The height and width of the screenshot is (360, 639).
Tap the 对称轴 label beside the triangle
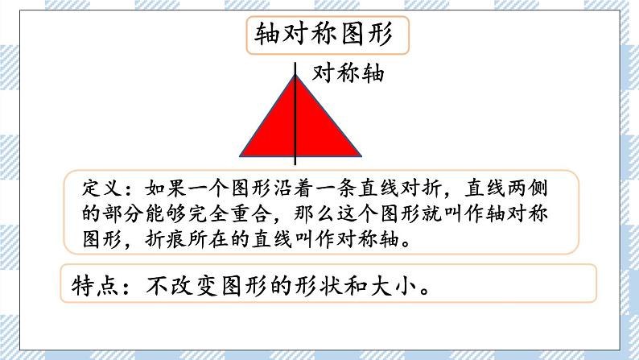coord(347,75)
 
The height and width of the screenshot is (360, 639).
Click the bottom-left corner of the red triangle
coord(241,155)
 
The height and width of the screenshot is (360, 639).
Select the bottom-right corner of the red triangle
coord(359,155)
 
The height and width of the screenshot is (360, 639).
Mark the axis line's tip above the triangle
coord(295,64)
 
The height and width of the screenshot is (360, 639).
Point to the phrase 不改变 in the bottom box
coord(188,286)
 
